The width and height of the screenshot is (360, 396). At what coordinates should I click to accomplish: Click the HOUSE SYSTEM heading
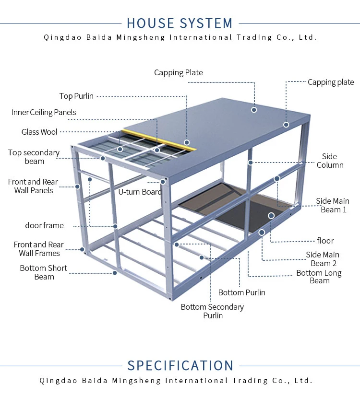tap(180, 23)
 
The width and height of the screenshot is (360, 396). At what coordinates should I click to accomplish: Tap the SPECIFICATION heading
tap(180, 366)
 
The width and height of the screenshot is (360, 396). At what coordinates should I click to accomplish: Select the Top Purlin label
tap(76, 96)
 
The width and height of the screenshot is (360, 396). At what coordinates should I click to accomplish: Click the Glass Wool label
tap(39, 132)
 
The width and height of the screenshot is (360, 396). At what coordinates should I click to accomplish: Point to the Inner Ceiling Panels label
tap(44, 112)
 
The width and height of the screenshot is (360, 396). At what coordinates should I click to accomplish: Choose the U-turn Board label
tap(140, 192)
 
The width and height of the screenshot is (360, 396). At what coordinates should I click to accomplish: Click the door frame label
tap(44, 225)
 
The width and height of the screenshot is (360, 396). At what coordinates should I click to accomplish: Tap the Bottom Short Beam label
tap(44, 272)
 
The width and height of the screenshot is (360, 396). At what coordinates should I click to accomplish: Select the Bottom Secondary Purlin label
tap(212, 311)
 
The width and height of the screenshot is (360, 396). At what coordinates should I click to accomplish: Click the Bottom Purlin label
tap(241, 292)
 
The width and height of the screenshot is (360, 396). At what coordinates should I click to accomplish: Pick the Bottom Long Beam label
tap(319, 277)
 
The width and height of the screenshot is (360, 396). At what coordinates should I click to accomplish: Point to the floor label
tap(325, 241)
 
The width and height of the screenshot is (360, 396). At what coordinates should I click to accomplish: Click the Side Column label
tap(330, 161)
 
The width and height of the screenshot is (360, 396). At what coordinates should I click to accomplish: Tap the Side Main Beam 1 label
tap(332, 205)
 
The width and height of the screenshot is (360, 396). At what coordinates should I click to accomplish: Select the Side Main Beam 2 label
tap(323, 259)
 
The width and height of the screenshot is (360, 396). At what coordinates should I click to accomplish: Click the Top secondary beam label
tap(34, 157)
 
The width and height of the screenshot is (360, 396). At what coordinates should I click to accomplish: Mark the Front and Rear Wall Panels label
tap(33, 186)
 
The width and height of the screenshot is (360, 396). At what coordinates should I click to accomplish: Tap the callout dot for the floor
tap(271, 216)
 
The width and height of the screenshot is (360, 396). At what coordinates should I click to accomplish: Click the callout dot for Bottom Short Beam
tap(115, 273)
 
